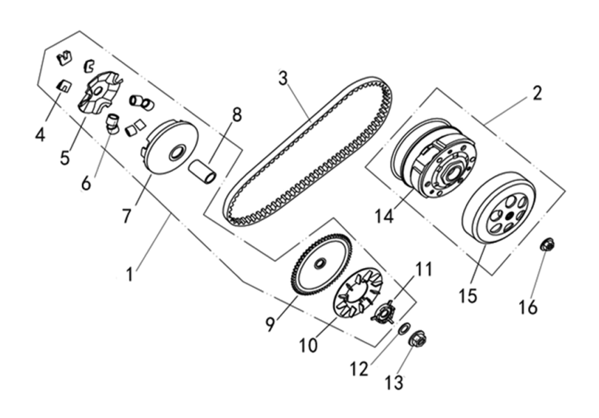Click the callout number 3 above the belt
coord(283,78)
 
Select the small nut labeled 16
coord(548,245)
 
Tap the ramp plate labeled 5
coord(99,94)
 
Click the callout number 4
coord(40,133)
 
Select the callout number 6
coord(86,183)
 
